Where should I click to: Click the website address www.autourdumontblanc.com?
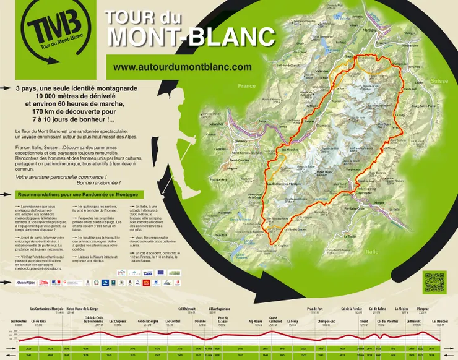coord(183,67)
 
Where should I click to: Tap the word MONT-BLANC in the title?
coord(191,36)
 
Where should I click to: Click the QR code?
coord(434,282)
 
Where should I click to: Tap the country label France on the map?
coord(246,86)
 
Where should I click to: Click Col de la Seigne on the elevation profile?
coord(148,322)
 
